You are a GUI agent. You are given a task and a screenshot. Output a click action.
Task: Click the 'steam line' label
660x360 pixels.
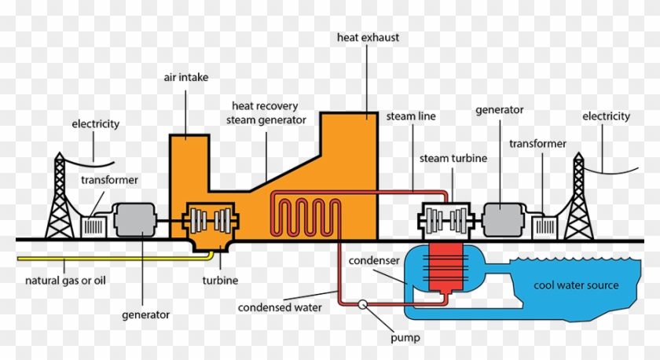410,116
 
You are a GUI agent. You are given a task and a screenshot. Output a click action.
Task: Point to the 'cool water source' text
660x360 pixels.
576,285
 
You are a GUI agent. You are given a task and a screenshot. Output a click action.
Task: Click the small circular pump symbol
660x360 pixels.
363,304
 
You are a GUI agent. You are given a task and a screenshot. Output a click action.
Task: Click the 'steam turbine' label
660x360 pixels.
453,158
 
